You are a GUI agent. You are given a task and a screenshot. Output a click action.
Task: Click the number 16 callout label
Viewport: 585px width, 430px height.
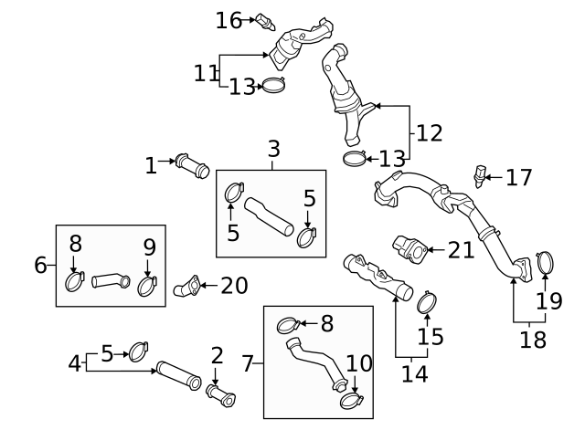click(x=229, y=19)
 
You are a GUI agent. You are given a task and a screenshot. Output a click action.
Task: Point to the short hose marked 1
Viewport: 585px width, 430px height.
click(x=192, y=167)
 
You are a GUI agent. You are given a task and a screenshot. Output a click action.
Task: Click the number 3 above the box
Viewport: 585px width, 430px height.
click(x=274, y=149)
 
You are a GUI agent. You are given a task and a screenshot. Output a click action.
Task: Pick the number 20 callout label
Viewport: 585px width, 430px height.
click(x=234, y=286)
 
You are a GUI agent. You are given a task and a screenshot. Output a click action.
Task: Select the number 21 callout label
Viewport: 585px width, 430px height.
click(x=463, y=248)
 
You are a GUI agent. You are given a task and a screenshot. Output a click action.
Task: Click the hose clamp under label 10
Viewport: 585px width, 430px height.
click(x=349, y=399)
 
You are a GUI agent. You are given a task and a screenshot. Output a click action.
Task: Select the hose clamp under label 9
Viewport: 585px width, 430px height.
click(x=147, y=287)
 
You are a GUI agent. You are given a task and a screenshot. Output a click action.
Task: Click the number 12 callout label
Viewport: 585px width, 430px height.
click(x=429, y=132)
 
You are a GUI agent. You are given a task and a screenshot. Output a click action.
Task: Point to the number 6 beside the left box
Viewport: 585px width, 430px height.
click(x=40, y=265)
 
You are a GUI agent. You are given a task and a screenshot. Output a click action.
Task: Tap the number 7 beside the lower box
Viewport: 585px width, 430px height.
click(x=248, y=363)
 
